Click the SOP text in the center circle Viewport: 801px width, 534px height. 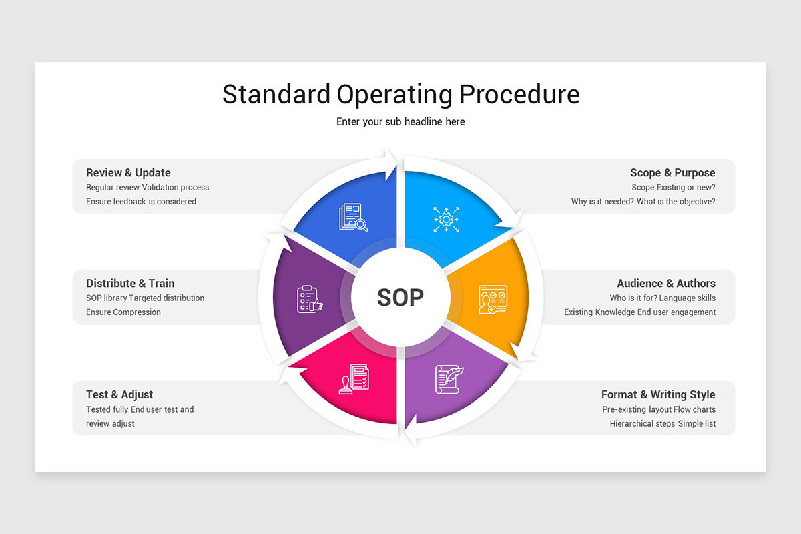(400, 297)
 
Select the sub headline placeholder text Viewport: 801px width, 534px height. (400, 121)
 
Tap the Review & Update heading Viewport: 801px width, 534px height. (128, 172)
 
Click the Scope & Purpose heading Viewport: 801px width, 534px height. (672, 172)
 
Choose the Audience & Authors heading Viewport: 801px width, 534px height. (665, 283)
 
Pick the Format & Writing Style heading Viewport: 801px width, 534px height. (657, 394)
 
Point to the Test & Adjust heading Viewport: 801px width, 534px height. (119, 394)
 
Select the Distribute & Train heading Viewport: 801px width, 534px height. (130, 283)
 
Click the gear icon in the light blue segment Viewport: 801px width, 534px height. (446, 219)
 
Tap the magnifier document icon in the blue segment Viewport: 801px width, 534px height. (353, 218)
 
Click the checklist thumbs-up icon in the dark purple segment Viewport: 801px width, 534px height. (309, 299)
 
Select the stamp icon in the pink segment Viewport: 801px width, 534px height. (353, 378)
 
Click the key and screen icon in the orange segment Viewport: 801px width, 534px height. (492, 299)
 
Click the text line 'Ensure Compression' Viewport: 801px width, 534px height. (123, 312)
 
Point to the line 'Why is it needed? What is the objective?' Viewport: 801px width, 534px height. (643, 202)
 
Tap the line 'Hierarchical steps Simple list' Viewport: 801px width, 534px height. (662, 424)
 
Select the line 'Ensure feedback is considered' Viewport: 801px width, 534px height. (141, 202)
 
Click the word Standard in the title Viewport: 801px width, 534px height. (276, 94)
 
